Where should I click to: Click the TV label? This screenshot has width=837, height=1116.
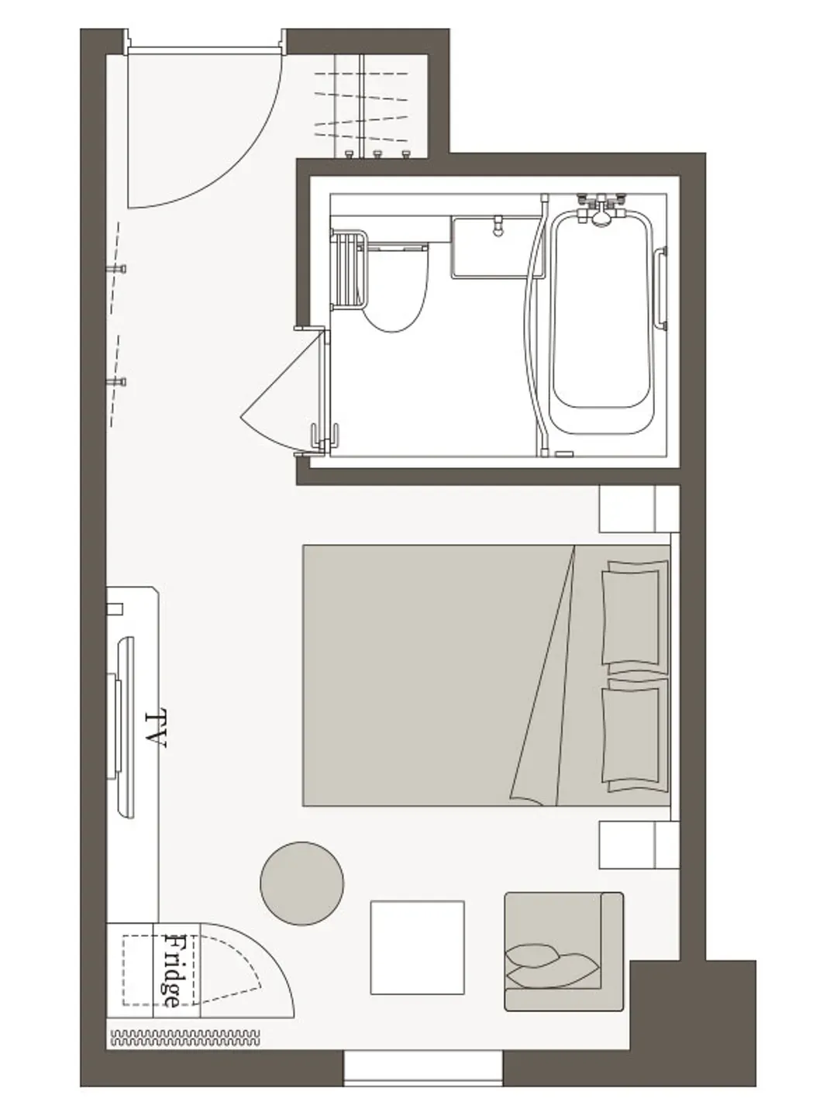click(156, 728)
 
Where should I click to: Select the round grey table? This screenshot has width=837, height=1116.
click(302, 883)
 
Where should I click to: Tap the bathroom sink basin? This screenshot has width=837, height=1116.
click(496, 247)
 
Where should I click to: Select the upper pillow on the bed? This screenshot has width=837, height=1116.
click(635, 618)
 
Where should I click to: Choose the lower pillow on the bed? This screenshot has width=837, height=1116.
click(635, 735)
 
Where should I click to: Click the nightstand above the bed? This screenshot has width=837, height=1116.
click(639, 509)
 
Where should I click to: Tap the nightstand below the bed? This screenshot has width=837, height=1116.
click(639, 845)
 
